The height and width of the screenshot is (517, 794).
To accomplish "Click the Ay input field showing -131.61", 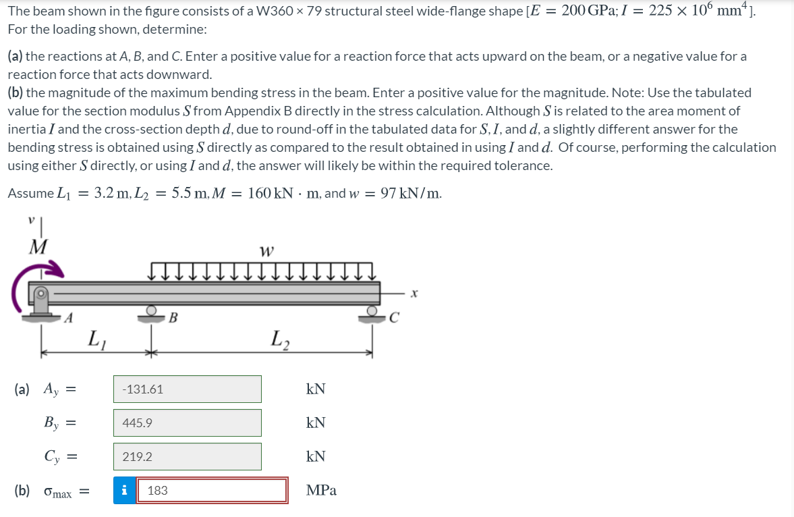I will click(187, 389).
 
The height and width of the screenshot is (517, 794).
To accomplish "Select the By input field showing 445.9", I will click(187, 423).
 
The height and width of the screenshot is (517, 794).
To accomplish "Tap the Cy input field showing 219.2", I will click(187, 457).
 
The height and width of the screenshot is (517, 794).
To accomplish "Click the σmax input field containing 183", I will click(212, 491).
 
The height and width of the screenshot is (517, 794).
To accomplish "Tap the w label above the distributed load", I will click(266, 251).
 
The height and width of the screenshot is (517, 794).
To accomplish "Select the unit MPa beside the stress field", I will click(321, 491).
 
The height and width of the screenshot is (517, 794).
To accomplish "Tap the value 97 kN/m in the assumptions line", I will click(412, 194).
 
